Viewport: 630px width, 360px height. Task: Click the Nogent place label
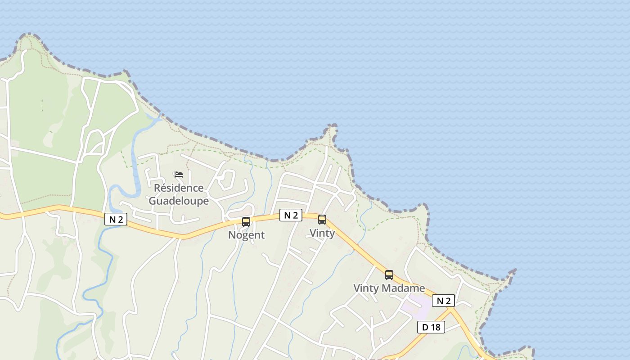[x=246, y=235]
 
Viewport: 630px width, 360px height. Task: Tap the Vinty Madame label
[x=389, y=288]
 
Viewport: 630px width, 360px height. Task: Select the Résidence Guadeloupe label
[x=179, y=194]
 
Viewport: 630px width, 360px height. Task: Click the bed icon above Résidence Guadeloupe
[x=179, y=175]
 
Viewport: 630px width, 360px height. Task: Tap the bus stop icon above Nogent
[x=246, y=221]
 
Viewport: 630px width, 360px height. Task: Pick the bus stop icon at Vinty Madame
[x=389, y=274]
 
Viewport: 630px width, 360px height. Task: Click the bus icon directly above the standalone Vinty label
[x=322, y=220]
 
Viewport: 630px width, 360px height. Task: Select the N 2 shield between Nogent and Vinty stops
[x=291, y=215]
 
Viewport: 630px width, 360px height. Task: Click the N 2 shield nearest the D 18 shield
[x=443, y=301]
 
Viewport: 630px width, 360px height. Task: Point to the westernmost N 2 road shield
[x=116, y=219]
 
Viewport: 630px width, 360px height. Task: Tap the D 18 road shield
[x=431, y=327]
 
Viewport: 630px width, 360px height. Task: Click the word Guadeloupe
[x=179, y=201]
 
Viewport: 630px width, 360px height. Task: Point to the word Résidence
[x=179, y=188]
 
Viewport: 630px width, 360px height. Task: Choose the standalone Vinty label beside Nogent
[x=322, y=233]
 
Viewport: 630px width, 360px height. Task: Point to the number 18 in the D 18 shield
[x=435, y=327]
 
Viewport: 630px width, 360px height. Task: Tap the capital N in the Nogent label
[x=232, y=235]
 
